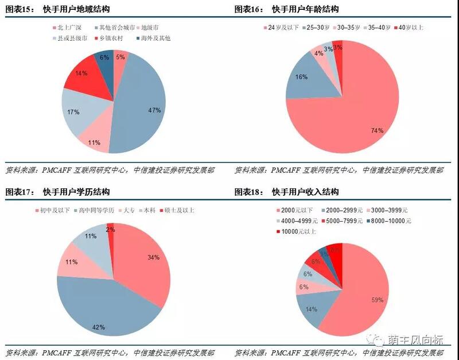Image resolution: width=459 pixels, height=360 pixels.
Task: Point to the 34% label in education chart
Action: pos(153,257)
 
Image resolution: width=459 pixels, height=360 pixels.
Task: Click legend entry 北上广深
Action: pos(69,28)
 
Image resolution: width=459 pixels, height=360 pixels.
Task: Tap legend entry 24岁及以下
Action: pos(282,28)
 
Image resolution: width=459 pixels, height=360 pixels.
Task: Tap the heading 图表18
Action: pos(250,192)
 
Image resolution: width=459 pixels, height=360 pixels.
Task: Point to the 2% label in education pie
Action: pos(110,229)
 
